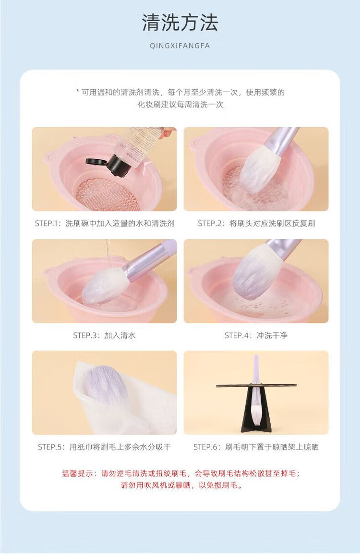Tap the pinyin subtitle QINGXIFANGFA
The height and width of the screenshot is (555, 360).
coord(180,46)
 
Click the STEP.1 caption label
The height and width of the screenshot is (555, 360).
coord(105,224)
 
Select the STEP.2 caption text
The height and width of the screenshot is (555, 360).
coord(256,224)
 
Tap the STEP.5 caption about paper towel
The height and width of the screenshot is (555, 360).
coord(105,447)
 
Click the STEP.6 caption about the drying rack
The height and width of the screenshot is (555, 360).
coord(256,447)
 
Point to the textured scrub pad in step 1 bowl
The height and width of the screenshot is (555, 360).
coord(107,194)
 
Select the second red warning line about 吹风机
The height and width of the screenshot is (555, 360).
coord(182,485)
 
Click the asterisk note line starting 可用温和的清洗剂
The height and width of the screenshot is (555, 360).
coord(180,93)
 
